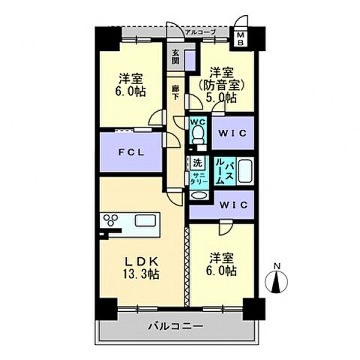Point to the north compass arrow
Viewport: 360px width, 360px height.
(x=277, y=282)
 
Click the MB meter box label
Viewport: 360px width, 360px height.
(x=241, y=38)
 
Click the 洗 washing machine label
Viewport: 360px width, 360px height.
(x=196, y=162)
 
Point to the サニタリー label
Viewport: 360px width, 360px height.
(x=197, y=178)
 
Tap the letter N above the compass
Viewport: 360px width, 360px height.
(x=277, y=266)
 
